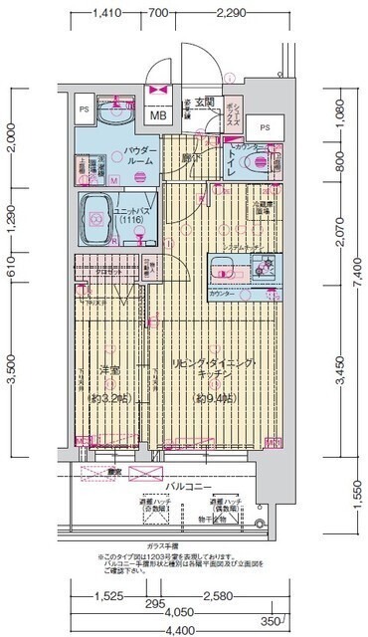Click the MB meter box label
point(157,113)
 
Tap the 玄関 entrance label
point(204,102)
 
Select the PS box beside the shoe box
point(265,128)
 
